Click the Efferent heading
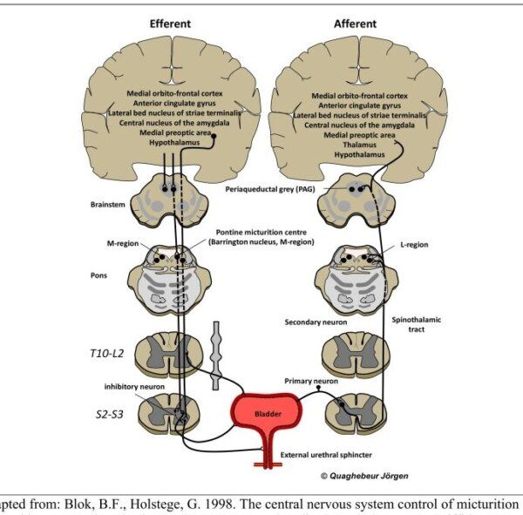point(170,24)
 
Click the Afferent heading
point(355,24)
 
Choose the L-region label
point(415,246)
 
